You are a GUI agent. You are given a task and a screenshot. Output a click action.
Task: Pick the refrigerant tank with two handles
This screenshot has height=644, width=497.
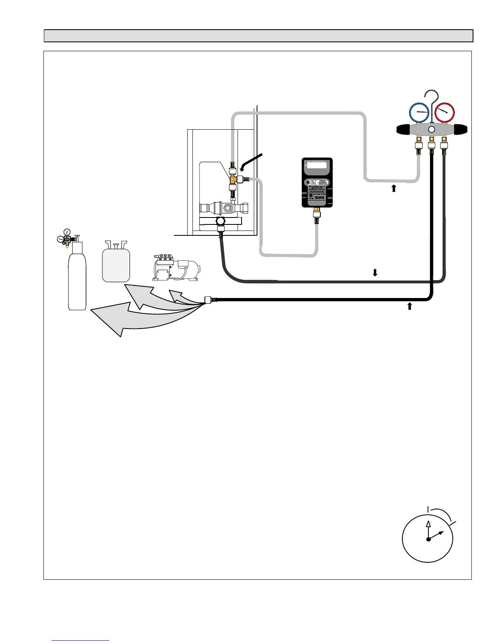tap(116, 264)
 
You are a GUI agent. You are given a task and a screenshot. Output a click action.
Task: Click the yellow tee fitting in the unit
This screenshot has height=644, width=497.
tap(233, 178)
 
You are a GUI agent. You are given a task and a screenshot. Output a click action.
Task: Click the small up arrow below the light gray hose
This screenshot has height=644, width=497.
tap(393, 188)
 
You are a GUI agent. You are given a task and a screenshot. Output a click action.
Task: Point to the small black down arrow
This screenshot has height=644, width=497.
tap(375, 273)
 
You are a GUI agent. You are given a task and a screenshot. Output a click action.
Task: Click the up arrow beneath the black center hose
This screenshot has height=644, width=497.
tap(409, 306)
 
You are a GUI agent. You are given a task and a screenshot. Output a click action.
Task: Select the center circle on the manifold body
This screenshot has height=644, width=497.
tap(432, 129)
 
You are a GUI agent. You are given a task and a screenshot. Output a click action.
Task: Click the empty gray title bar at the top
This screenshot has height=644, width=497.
tap(258, 36)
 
